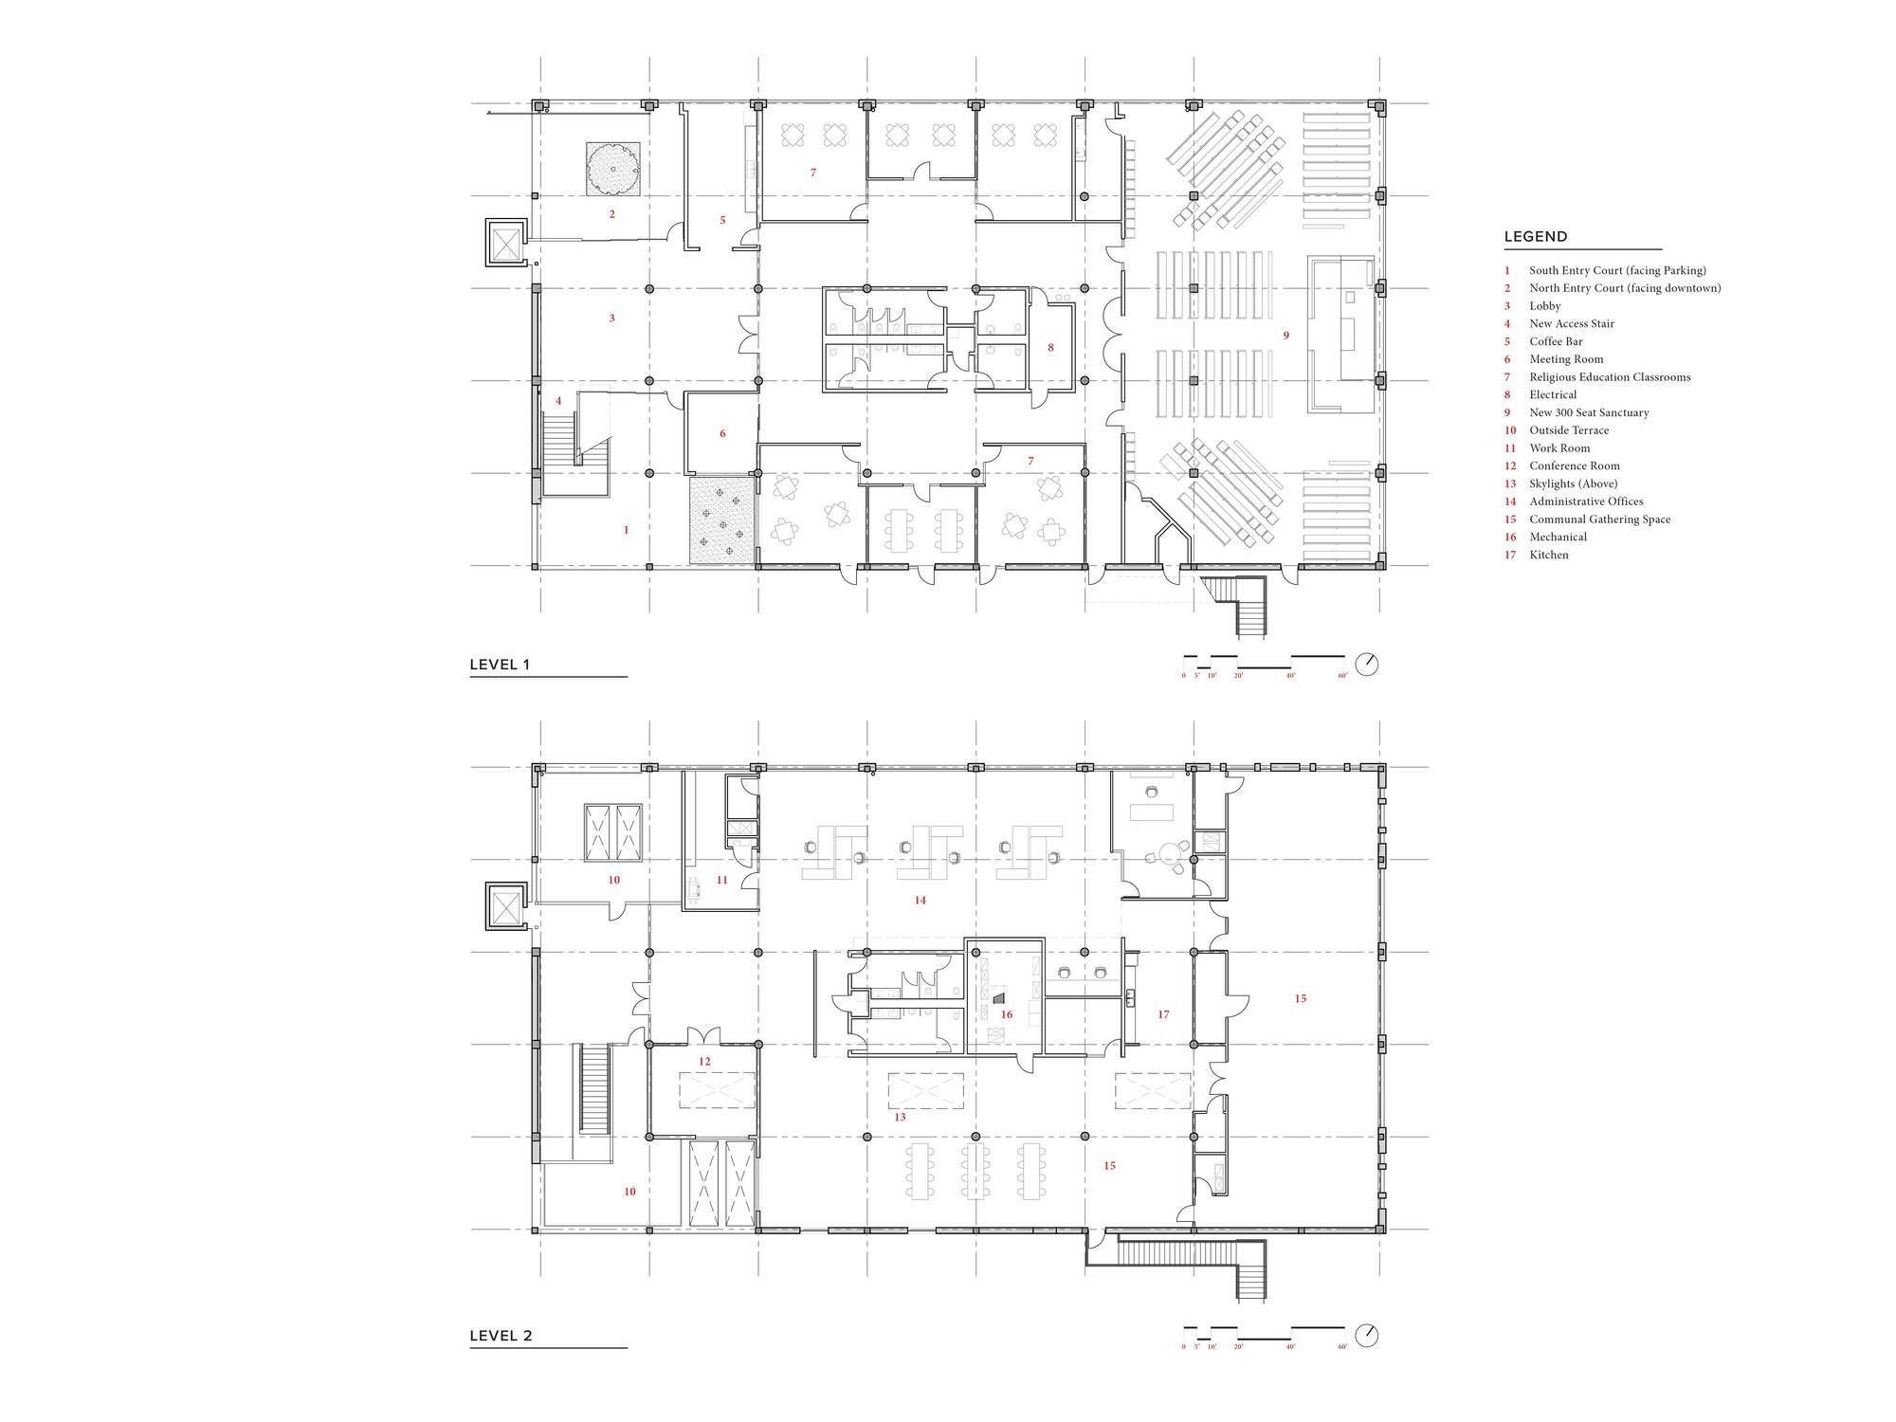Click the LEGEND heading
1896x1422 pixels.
(x=1536, y=237)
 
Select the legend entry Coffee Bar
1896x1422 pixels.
(x=1556, y=341)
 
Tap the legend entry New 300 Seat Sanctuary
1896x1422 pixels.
(x=1589, y=412)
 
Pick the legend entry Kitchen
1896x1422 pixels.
(x=1548, y=555)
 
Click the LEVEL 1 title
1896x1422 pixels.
(x=500, y=665)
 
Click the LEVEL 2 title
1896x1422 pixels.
(x=501, y=1336)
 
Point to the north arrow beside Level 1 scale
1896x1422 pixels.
(x=1366, y=665)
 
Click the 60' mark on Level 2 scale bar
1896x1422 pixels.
(x=1342, y=1346)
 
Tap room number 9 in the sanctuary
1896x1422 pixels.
(x=1286, y=336)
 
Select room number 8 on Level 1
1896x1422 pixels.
(x=1050, y=348)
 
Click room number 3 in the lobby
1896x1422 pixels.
(x=611, y=319)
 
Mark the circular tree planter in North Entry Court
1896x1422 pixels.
(x=612, y=170)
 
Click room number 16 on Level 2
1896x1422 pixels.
(x=1007, y=1014)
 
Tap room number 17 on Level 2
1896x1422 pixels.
(x=1163, y=1014)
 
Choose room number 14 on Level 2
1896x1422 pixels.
(x=920, y=901)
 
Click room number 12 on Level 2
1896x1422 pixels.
(x=704, y=1062)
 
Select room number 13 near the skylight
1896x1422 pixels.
(x=900, y=1117)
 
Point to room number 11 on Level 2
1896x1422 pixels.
(x=721, y=880)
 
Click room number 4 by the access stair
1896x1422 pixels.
(x=558, y=401)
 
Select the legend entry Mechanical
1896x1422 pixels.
(x=1558, y=537)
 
